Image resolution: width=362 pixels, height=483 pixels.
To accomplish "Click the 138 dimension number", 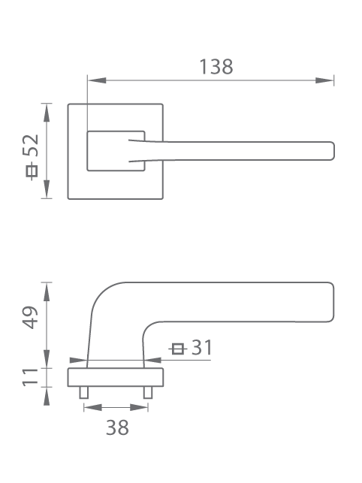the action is (x=216, y=67).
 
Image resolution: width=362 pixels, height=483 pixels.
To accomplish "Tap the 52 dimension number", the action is (x=31, y=146).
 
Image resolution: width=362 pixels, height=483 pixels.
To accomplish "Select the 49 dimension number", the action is (x=30, y=318).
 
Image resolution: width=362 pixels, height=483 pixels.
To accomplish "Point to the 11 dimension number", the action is (x=30, y=377).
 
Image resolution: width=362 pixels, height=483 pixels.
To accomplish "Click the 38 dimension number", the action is (x=117, y=427).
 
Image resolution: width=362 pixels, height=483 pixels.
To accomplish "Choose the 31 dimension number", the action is (x=202, y=348).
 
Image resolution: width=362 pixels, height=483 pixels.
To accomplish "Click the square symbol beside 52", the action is (x=31, y=171).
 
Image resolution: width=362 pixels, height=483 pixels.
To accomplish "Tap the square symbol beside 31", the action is (x=178, y=349).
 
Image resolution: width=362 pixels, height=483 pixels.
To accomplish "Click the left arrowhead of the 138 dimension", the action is (x=97, y=80).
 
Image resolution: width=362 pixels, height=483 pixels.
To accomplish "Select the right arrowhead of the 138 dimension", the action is (x=324, y=80).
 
